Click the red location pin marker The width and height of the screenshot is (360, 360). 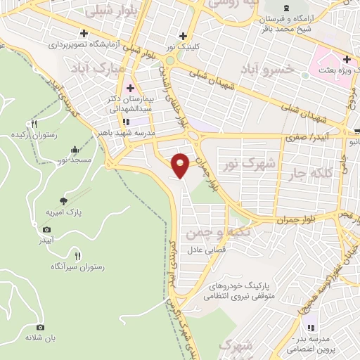181,165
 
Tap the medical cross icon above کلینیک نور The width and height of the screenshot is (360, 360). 183,36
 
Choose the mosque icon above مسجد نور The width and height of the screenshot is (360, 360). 75,149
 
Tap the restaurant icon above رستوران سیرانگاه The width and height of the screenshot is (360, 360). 77,256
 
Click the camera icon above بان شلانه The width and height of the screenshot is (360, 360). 40,327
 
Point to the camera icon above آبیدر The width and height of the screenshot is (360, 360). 47,229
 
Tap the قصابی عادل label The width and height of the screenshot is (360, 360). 205,250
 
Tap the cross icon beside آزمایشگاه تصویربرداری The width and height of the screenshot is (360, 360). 84,33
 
